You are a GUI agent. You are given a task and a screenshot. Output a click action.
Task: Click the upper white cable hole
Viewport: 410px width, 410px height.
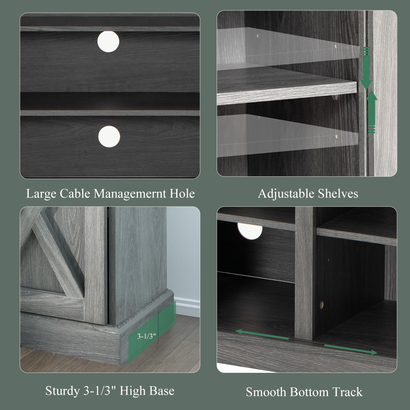[x=108, y=42]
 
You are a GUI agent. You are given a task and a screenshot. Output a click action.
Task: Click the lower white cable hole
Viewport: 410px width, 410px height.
[x=109, y=136]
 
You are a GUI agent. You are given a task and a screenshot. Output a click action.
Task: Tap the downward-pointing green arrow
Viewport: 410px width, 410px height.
[x=366, y=68]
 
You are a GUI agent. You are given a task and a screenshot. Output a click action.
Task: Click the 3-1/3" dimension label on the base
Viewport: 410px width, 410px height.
[x=146, y=336]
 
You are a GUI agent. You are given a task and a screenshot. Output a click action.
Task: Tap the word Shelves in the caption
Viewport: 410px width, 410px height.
[x=338, y=194]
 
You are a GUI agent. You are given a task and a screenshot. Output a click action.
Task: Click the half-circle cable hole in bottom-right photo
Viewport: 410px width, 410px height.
[x=250, y=231]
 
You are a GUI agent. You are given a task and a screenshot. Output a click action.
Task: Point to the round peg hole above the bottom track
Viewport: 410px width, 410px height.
[x=321, y=304]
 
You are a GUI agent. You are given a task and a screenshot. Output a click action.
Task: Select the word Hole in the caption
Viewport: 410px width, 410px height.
[x=182, y=194]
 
